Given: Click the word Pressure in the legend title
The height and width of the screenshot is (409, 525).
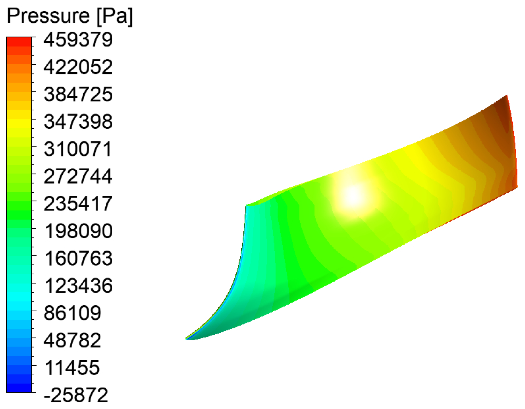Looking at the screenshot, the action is point(48,15).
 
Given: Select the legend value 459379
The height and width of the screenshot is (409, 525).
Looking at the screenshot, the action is point(78,40).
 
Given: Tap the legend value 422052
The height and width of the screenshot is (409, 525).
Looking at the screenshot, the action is point(78,67).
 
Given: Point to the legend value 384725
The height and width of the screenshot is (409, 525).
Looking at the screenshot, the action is point(78,94).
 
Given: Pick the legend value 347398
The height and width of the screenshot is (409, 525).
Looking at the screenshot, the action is point(78,121).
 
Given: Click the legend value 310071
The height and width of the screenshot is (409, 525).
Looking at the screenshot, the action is point(78,149).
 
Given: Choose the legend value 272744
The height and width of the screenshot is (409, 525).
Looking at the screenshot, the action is point(78,176).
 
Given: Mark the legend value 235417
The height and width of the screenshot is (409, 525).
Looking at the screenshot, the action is point(78,203).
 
